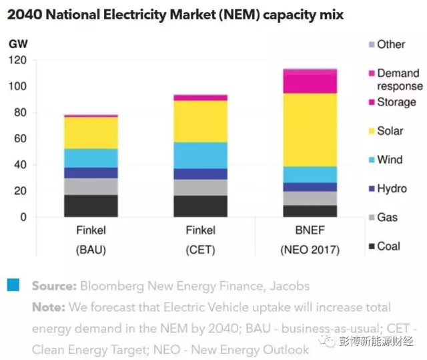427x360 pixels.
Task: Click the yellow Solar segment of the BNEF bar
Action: click(310, 130)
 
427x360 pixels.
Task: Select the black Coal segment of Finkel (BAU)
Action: click(91, 206)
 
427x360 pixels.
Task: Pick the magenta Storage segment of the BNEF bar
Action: click(310, 81)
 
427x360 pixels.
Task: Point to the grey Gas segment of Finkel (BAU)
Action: click(91, 186)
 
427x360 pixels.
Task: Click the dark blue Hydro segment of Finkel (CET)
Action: click(200, 174)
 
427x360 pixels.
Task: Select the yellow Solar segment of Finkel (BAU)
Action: click(91, 132)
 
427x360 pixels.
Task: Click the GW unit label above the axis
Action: click(18, 44)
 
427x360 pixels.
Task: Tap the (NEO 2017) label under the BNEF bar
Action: click(310, 250)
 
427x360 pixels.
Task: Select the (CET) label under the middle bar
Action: click(200, 250)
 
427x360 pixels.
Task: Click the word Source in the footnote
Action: click(53, 286)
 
